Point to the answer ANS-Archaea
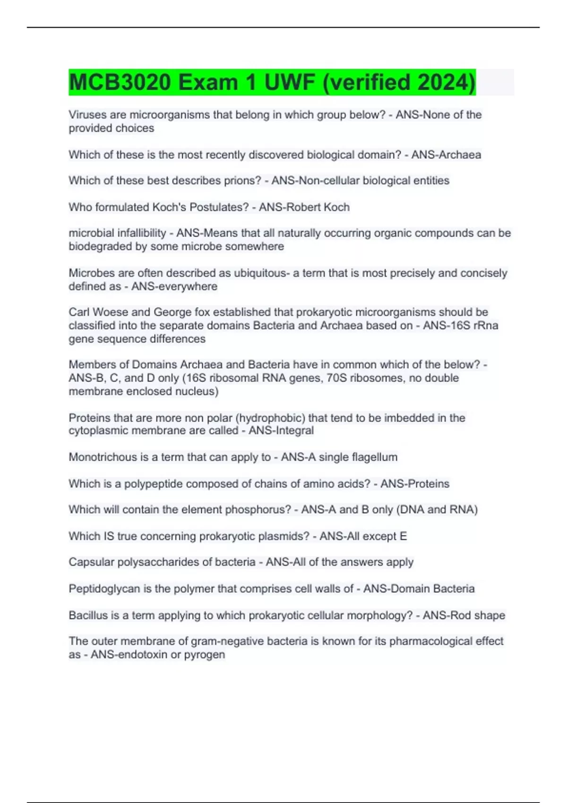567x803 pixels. point(446,155)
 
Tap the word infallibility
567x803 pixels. point(141,233)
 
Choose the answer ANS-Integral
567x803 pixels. point(281,430)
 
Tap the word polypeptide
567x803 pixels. point(152,484)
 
